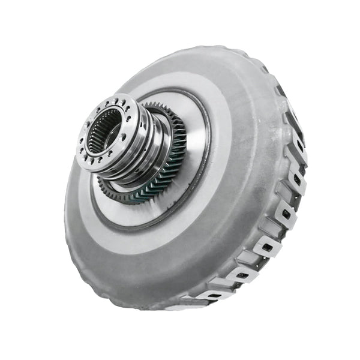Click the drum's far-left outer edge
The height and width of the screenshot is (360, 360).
(x=66, y=198)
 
